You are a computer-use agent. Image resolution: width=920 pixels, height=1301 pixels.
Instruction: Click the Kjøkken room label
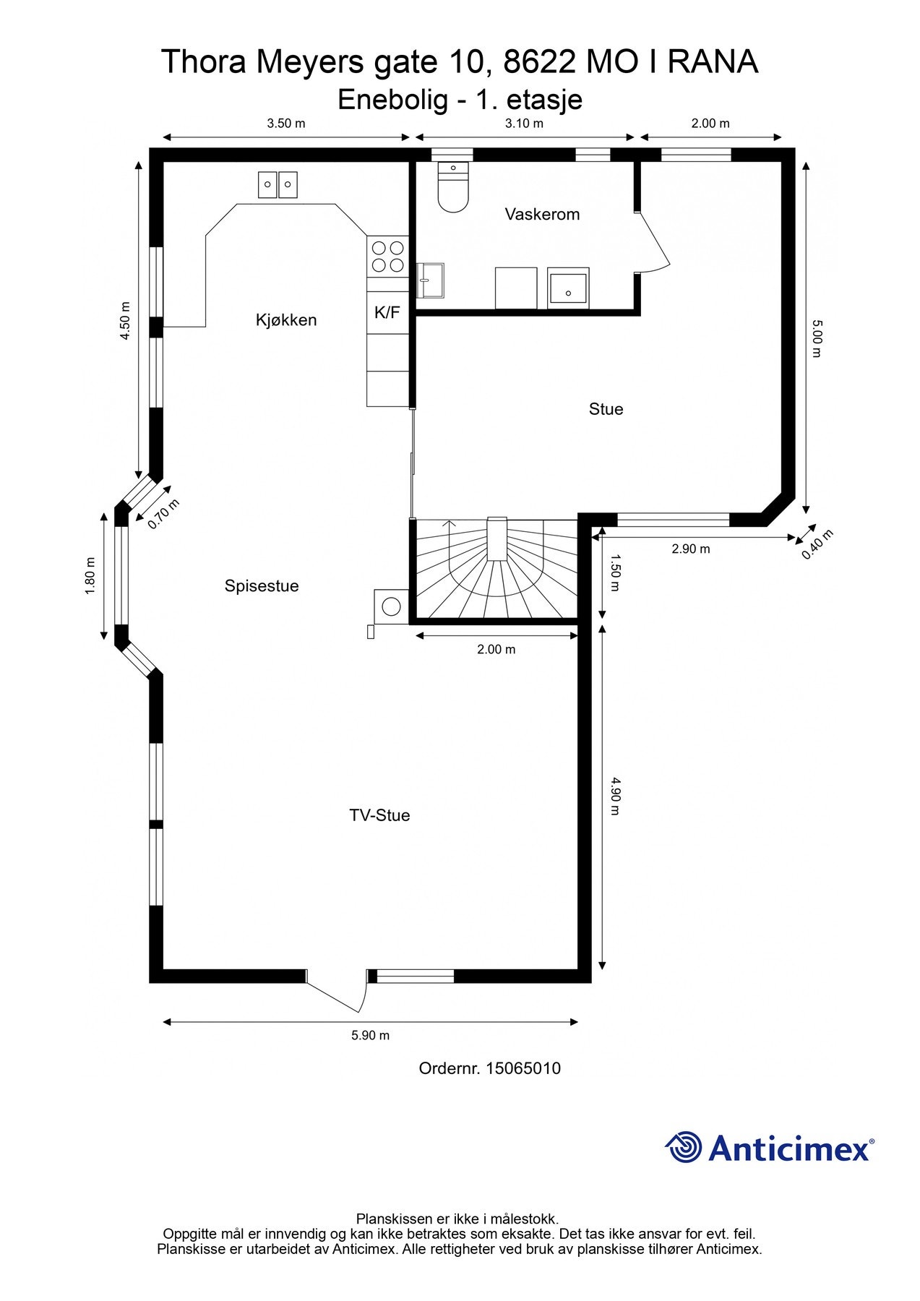tap(286, 320)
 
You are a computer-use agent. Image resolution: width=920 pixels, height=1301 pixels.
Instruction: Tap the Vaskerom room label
tap(542, 215)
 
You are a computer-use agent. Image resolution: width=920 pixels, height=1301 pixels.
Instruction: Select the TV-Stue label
tap(379, 815)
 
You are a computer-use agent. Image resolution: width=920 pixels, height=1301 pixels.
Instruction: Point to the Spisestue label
tap(262, 586)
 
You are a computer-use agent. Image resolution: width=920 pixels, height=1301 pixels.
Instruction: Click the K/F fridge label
tap(387, 313)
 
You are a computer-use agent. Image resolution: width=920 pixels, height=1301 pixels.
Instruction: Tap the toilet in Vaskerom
tap(453, 186)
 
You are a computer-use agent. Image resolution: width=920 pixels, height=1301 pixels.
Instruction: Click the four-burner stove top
tap(387, 257)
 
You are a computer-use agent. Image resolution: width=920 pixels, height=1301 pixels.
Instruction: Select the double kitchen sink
tap(278, 184)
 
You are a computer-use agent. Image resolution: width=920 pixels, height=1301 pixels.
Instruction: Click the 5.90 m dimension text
tap(370, 1036)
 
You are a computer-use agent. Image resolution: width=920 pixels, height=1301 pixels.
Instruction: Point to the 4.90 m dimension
tap(615, 796)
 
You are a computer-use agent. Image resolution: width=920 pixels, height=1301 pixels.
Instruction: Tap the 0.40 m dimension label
tap(817, 544)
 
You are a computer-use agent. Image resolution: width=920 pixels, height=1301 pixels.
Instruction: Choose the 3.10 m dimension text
tap(524, 124)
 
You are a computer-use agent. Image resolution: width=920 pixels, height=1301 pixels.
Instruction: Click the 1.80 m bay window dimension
tap(90, 576)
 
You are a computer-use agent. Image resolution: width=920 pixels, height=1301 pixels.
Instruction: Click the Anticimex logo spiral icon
tap(684, 1147)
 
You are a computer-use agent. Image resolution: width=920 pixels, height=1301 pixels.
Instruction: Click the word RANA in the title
tap(713, 62)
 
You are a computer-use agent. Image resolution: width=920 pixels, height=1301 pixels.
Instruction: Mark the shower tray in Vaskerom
tap(569, 288)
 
